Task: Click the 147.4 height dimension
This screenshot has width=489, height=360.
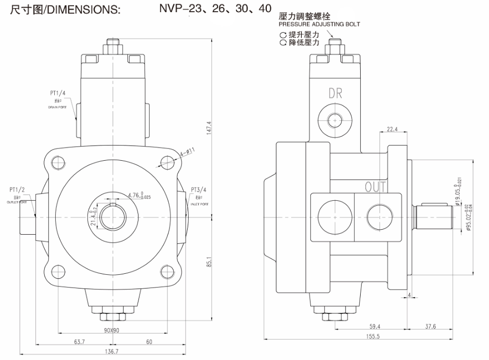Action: [208, 128]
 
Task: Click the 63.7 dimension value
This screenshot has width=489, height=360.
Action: [79, 342]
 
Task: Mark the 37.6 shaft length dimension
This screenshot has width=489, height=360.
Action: [430, 327]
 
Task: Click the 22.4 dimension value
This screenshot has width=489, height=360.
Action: [392, 129]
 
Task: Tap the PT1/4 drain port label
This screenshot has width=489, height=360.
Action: [57, 94]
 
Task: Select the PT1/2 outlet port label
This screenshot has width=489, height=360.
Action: [17, 190]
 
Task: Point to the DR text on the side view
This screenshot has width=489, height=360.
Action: [335, 93]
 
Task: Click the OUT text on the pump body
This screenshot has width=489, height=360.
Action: [376, 187]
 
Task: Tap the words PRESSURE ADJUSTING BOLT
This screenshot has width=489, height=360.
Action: [320, 24]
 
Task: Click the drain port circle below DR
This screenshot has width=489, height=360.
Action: [334, 120]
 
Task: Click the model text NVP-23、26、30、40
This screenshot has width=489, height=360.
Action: [215, 9]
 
